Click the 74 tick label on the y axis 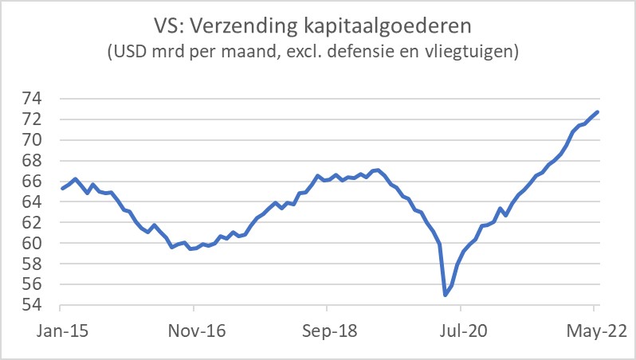tap(41, 99)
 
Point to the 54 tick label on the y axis tap(41, 305)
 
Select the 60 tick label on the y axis tap(41, 243)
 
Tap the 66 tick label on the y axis tap(41, 181)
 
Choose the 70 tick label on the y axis tap(41, 140)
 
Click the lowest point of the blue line tap(445, 295)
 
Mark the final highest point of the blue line tap(598, 112)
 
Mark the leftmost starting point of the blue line tap(61, 189)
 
